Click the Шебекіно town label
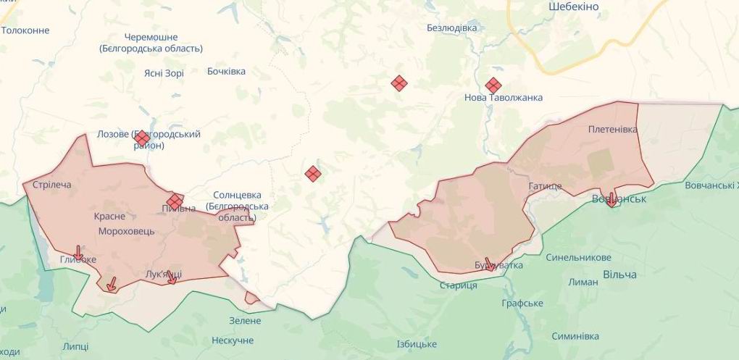point(574,6)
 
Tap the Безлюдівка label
point(452,28)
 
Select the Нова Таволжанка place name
point(504,98)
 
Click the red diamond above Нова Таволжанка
point(493,85)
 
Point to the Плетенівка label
point(613,129)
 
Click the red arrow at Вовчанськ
point(611,199)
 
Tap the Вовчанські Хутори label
point(711,185)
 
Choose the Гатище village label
point(545,186)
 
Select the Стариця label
point(458,285)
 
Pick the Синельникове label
point(578,258)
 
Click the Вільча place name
point(619,275)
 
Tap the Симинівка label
point(575,336)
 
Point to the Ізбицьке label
point(417,343)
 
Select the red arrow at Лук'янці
point(172,277)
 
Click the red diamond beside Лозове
point(142,137)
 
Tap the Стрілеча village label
point(52,185)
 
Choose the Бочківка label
point(226,71)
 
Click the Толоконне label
point(25,30)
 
